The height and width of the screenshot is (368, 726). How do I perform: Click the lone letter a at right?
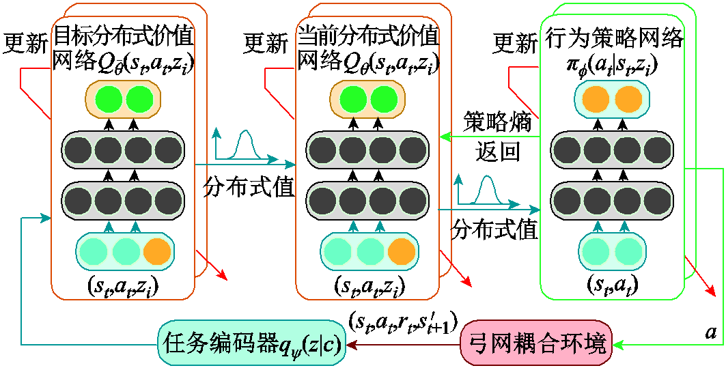pyautogui.click(x=711, y=332)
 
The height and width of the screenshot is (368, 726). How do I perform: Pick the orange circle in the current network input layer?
pyautogui.click(x=401, y=251)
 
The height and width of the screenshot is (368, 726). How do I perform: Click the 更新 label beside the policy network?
pyautogui.click(x=516, y=43)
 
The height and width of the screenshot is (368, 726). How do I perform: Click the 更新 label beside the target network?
pyautogui.click(x=25, y=43)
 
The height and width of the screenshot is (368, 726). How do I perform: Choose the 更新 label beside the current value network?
pyautogui.click(x=266, y=43)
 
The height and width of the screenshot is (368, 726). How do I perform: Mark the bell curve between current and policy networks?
pyautogui.click(x=487, y=190)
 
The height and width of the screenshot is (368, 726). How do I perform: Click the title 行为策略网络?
pyautogui.click(x=614, y=38)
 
